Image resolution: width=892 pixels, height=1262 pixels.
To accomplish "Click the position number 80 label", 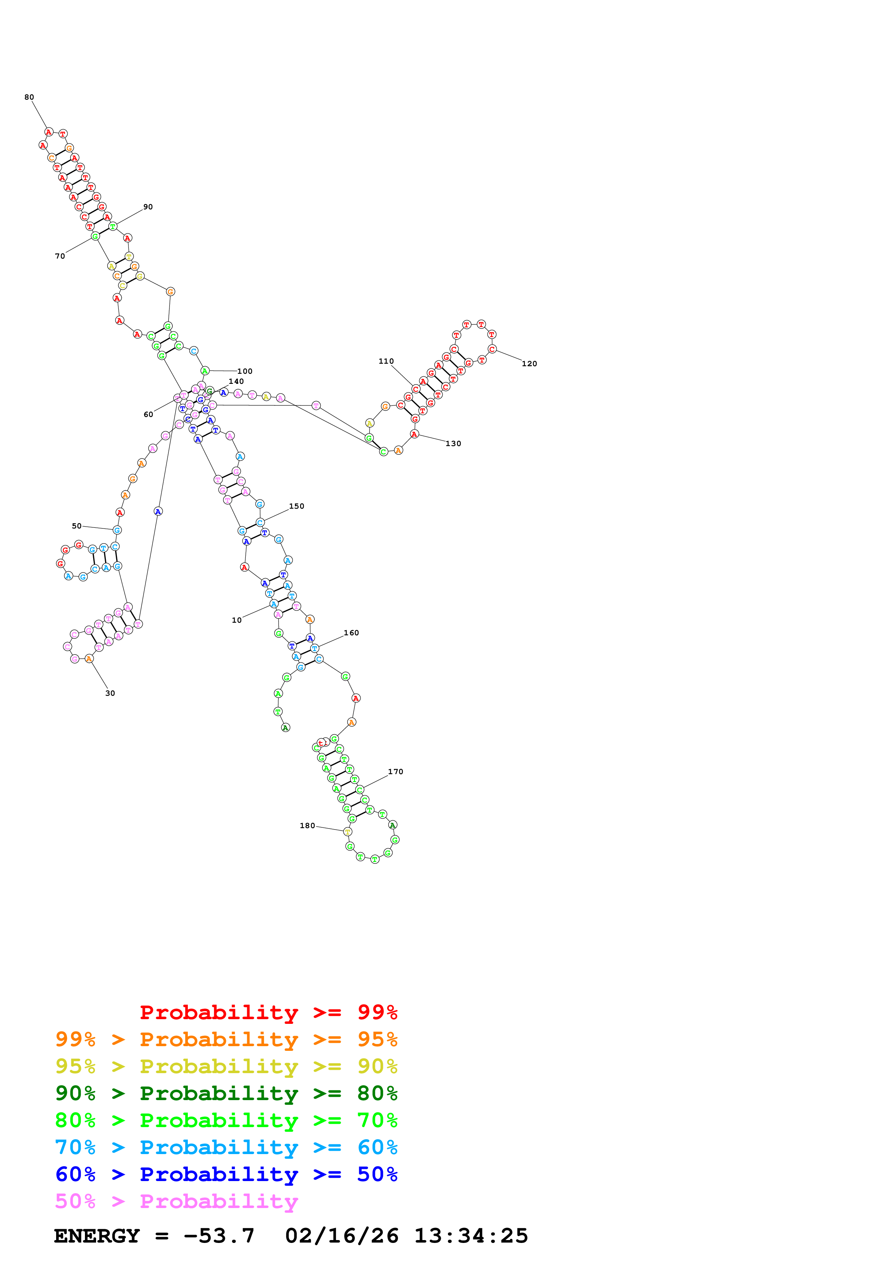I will click(29, 97).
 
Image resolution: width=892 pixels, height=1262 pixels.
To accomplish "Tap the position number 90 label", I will click(148, 207).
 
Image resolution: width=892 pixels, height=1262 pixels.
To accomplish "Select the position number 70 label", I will click(60, 256).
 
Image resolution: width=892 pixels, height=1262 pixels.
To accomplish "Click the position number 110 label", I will click(386, 362).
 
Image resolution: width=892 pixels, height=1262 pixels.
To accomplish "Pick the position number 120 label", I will click(529, 364).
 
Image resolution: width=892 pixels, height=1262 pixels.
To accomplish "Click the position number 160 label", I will click(351, 633).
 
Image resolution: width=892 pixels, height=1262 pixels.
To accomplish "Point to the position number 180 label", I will click(307, 826).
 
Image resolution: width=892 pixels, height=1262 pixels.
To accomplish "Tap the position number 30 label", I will click(110, 694).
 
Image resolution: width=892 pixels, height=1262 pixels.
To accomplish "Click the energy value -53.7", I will click(219, 1236).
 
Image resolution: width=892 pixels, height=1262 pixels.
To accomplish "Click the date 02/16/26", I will click(341, 1236).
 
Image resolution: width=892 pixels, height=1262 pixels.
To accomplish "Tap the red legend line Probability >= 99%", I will click(268, 1012).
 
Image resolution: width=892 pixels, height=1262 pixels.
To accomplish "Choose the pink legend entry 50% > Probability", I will click(176, 1202).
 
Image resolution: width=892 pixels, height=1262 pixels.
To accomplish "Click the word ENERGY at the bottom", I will click(97, 1236).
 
